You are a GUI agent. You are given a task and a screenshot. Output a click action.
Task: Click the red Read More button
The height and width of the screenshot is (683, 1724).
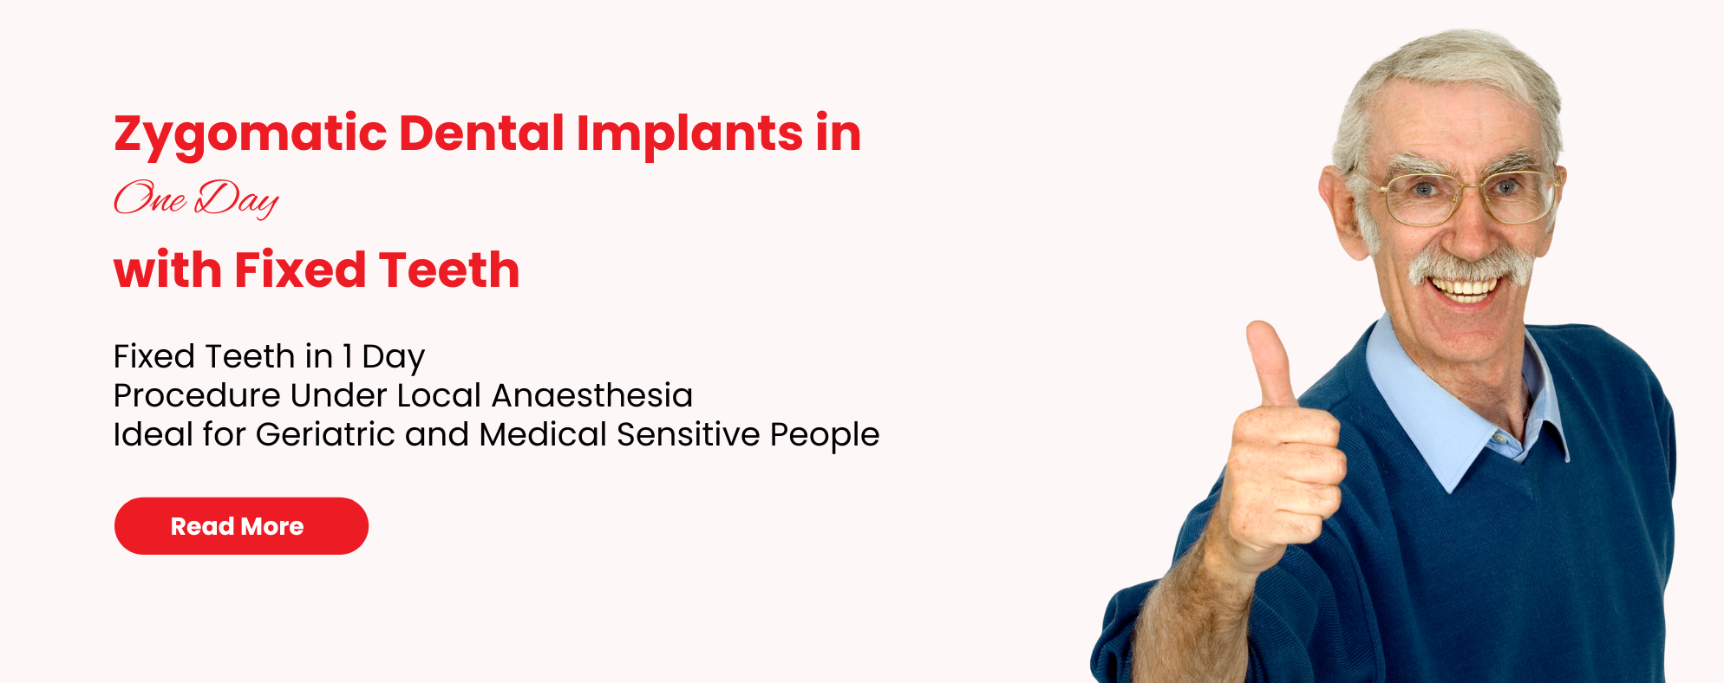click(x=241, y=526)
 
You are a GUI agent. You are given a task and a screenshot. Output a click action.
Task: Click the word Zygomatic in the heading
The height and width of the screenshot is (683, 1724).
click(x=250, y=134)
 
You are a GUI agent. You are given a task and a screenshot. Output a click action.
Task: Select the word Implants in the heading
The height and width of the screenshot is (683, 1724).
click(x=689, y=134)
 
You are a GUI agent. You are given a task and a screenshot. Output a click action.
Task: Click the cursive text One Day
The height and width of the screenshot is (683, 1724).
click(x=196, y=198)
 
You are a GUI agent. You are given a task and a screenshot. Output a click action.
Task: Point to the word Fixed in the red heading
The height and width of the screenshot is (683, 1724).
click(x=300, y=270)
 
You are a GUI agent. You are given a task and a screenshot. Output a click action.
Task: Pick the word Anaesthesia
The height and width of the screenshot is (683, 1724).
click(x=592, y=395)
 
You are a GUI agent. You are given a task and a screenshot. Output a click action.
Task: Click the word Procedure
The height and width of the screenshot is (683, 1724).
click(x=197, y=395)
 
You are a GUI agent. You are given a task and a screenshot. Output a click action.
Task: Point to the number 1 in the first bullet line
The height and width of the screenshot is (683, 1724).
click(x=348, y=356)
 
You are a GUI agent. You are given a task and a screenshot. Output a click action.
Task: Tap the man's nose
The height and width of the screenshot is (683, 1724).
click(x=1466, y=230)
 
